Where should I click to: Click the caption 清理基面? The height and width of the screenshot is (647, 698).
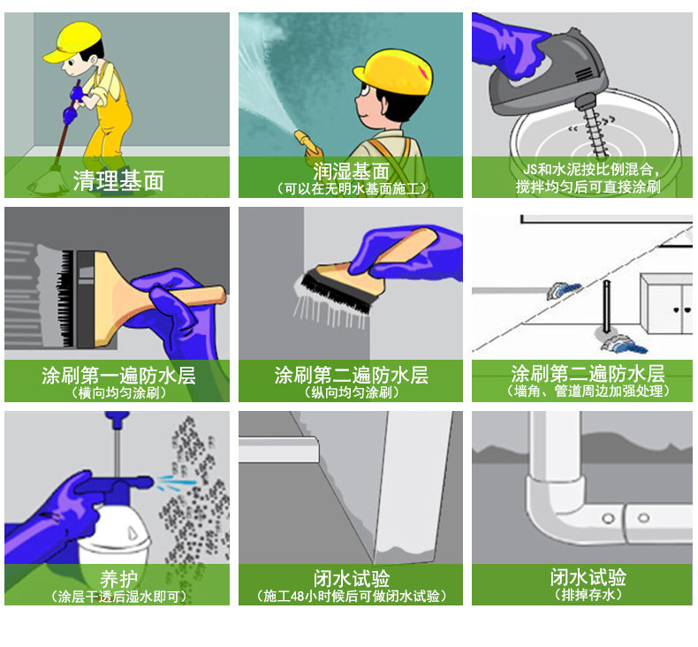click(x=119, y=180)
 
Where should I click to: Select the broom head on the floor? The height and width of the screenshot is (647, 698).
click(x=46, y=182)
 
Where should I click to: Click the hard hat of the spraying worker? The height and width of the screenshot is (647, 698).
click(x=393, y=72)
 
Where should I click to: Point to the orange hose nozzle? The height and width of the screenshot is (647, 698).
click(x=306, y=141)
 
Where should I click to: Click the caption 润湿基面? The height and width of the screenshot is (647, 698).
click(x=352, y=171)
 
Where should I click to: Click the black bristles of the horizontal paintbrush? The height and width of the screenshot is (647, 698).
click(x=67, y=299)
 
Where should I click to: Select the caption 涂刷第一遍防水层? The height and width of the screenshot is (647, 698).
click(x=119, y=376)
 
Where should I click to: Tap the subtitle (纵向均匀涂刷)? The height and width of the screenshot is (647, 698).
click(x=352, y=392)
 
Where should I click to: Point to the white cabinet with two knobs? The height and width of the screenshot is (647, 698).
click(x=666, y=304)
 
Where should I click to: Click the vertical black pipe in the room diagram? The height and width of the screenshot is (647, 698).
click(x=606, y=307)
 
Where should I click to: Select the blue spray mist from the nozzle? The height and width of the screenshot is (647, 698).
click(x=177, y=483)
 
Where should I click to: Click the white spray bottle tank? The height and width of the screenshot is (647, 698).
click(x=113, y=535)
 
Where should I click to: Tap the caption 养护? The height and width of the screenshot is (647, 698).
click(x=118, y=579)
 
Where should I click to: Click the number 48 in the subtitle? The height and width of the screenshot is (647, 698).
click(x=298, y=597)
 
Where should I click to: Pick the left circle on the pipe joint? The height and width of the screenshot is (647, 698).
click(x=608, y=518)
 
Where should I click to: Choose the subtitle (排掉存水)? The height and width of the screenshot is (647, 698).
click(x=588, y=595)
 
